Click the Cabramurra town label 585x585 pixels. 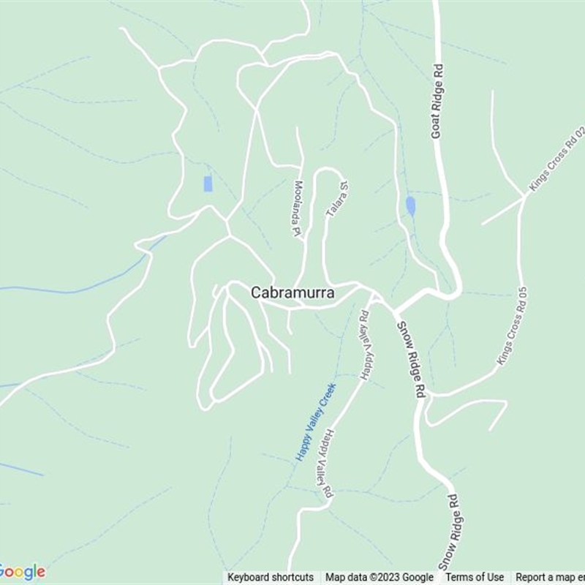[x=292, y=292]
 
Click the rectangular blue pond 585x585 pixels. [x=208, y=184]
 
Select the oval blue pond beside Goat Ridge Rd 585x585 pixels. [x=410, y=206]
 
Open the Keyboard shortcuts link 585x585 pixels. [x=271, y=578]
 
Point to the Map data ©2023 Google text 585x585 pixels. [x=380, y=578]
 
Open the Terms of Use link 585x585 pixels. [x=475, y=578]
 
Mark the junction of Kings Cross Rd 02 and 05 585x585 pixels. [x=524, y=196]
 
